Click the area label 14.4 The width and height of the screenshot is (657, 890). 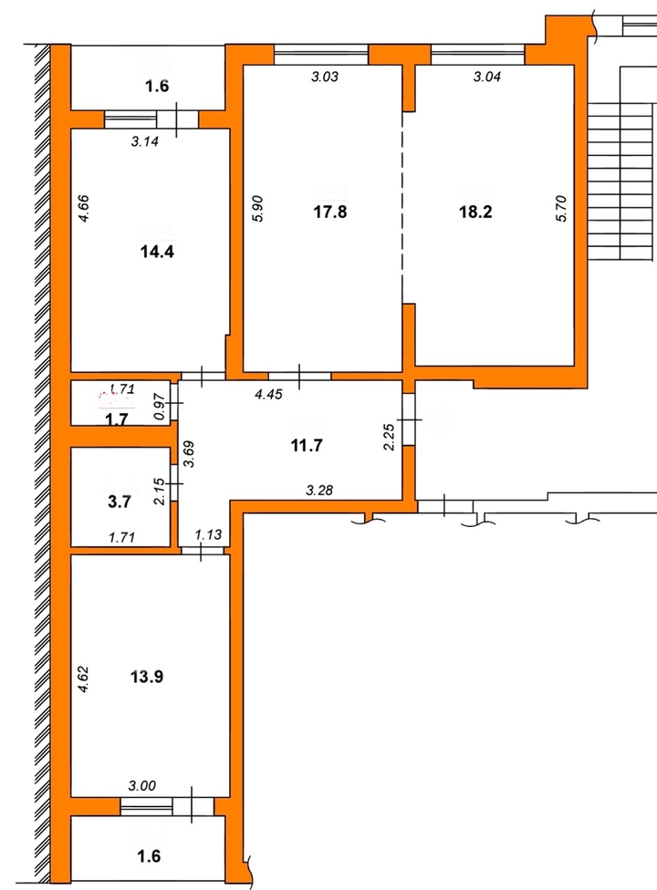pyautogui.click(x=157, y=252)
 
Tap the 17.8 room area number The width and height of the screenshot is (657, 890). pyautogui.click(x=330, y=212)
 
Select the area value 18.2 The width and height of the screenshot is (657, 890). pyautogui.click(x=475, y=212)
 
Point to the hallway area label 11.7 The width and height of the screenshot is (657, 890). pyautogui.click(x=307, y=446)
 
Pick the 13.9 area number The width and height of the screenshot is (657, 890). pyautogui.click(x=147, y=677)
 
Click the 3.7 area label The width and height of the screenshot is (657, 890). pyautogui.click(x=120, y=502)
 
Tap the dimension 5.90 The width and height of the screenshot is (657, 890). pyautogui.click(x=258, y=208)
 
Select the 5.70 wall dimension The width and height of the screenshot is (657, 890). pyautogui.click(x=561, y=208)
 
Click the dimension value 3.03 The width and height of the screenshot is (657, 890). pyautogui.click(x=325, y=77)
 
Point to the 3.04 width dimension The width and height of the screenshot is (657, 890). pyautogui.click(x=486, y=77)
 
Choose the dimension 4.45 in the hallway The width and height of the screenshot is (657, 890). pyautogui.click(x=268, y=394)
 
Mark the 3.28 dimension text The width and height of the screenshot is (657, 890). pyautogui.click(x=319, y=490)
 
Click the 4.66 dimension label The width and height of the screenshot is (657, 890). pyautogui.click(x=83, y=208)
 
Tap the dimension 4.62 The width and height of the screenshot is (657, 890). pyautogui.click(x=83, y=678)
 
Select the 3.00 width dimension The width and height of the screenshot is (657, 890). pyautogui.click(x=142, y=786)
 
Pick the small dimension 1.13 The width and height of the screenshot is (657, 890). pyautogui.click(x=208, y=534)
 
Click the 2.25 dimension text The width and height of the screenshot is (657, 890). pyautogui.click(x=390, y=437)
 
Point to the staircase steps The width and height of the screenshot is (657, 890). pyautogui.click(x=621, y=181)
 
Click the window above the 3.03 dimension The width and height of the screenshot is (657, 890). pyautogui.click(x=321, y=55)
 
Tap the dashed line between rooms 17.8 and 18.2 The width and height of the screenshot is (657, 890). pyautogui.click(x=402, y=207)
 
